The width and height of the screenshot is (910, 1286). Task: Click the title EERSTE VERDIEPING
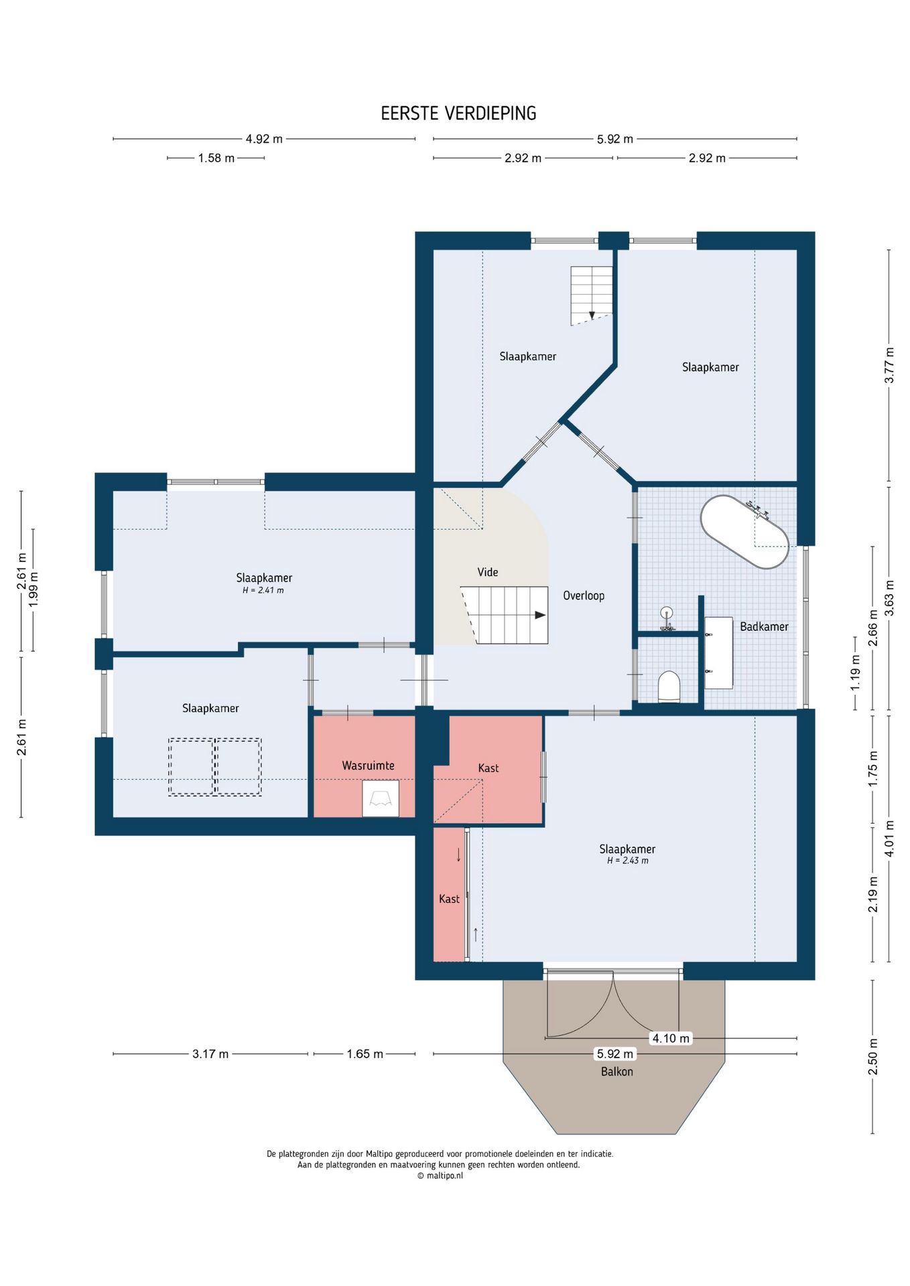458,113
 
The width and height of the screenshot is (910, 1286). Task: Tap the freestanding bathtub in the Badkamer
744,532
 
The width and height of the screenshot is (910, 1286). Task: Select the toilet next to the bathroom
669,686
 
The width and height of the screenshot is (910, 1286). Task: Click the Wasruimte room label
368,766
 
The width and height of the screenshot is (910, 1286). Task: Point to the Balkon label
616,1072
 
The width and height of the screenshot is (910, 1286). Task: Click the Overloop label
584,595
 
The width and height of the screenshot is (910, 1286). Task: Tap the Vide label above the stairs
488,572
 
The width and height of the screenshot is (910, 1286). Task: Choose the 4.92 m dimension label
264,139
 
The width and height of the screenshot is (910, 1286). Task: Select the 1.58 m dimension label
216,159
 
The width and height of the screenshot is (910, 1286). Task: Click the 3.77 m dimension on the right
889,365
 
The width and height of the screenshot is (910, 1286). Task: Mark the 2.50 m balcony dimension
873,1056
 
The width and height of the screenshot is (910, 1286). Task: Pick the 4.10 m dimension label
671,1038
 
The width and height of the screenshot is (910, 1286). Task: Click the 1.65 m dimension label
365,1054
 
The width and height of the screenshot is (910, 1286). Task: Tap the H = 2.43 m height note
628,861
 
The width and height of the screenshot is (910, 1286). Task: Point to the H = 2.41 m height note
263,590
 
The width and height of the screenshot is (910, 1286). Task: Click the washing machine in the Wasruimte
381,798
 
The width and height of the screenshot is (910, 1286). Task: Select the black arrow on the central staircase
540,615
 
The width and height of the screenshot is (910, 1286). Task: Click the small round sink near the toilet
667,612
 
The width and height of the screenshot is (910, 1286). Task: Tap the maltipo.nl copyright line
440,1175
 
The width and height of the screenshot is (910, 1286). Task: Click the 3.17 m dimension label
210,1054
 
